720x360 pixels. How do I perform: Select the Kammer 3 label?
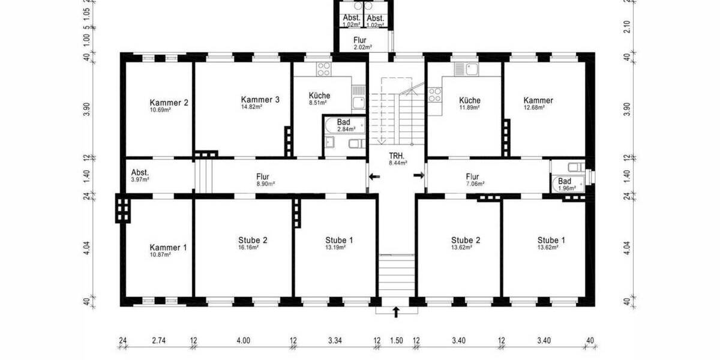coord(260,100)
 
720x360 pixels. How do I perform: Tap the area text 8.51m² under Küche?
coord(319,103)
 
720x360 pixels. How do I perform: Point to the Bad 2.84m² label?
coord(344,122)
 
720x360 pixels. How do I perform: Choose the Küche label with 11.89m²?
coord(469,100)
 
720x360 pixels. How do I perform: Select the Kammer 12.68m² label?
coord(538,100)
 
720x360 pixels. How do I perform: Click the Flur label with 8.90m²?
coord(262,177)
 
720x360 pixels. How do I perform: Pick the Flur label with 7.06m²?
coord(472,177)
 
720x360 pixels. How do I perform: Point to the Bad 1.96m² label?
coord(565,181)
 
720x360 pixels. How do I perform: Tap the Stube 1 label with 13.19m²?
coord(338,240)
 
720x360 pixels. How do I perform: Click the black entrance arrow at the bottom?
coord(396,311)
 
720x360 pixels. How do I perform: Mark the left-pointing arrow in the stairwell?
coord(374,176)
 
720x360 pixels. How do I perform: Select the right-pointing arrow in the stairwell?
coord(419,175)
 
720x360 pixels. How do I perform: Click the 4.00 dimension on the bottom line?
coord(243,341)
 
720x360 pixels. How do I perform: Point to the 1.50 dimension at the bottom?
coord(397,341)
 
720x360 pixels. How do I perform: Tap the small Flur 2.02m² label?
coord(362,41)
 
